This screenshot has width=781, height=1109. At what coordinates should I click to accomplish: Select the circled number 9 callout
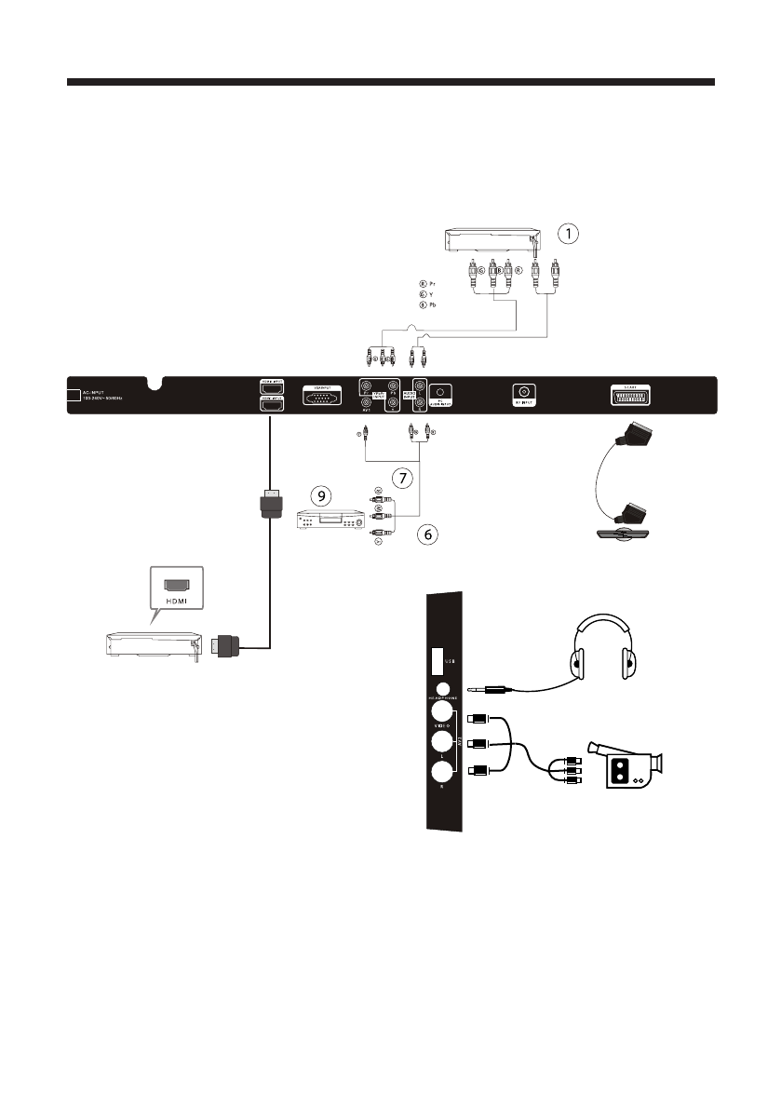(x=321, y=496)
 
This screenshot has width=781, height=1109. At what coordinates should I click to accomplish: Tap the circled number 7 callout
(x=401, y=478)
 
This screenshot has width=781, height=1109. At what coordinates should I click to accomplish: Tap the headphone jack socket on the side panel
(x=442, y=693)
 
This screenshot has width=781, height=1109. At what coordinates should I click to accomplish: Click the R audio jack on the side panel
(x=442, y=772)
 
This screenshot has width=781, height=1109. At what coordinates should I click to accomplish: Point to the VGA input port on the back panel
(x=322, y=395)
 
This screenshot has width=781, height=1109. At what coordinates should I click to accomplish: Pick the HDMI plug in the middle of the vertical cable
(x=269, y=507)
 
